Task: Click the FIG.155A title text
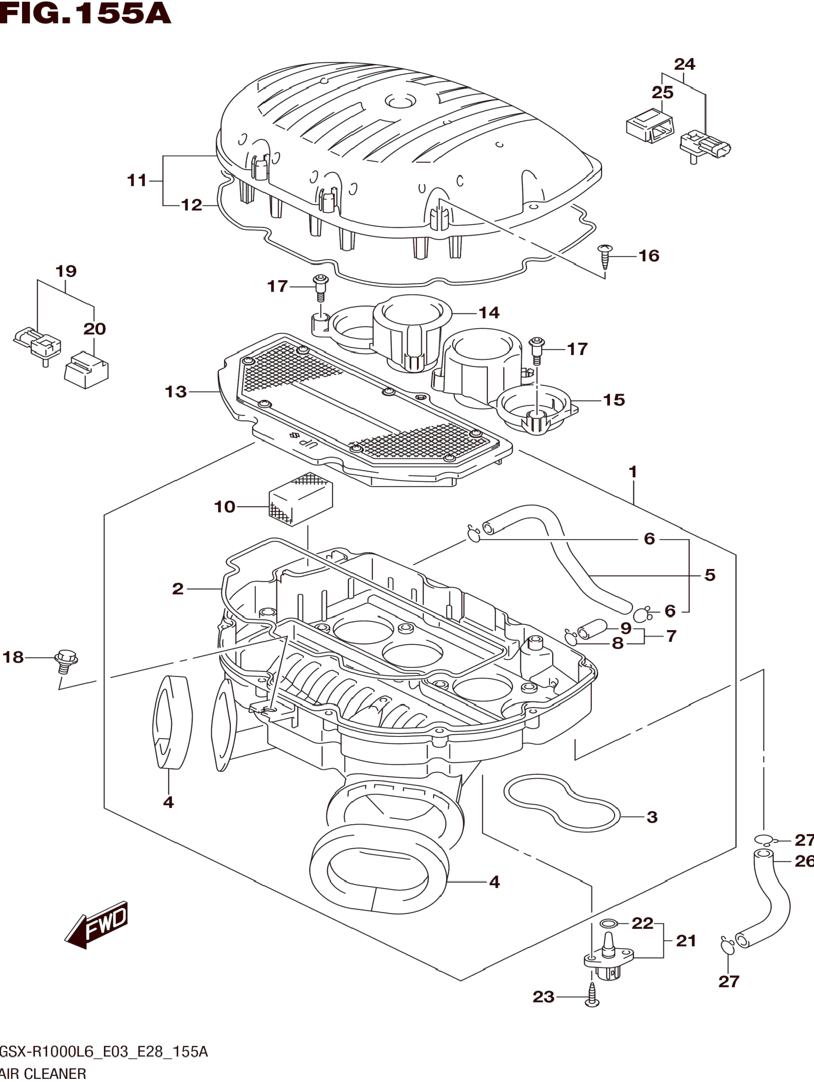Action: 86,13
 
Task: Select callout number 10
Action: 225,507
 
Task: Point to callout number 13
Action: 176,392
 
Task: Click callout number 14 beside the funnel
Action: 489,313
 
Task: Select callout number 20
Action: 94,329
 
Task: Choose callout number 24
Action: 684,64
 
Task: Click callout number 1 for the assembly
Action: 633,472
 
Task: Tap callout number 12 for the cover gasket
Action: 191,205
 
